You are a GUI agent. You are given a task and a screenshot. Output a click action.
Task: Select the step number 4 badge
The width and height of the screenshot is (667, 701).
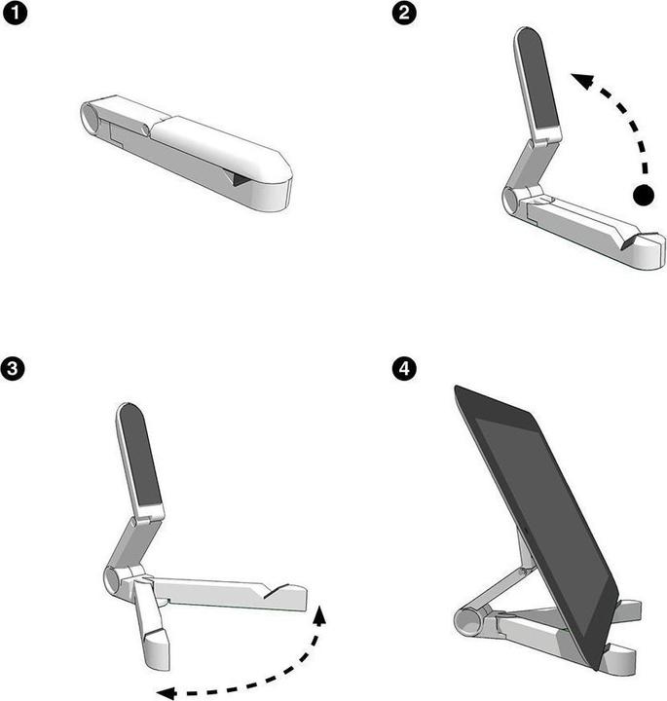401,369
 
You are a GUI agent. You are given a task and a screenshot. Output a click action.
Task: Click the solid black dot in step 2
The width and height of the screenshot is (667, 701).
643,195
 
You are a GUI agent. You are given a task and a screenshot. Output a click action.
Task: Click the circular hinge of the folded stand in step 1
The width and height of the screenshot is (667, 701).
92,119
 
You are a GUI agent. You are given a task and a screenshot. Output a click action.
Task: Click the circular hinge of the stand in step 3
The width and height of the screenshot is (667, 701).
111,581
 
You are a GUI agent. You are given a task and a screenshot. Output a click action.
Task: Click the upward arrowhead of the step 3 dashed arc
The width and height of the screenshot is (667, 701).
321,612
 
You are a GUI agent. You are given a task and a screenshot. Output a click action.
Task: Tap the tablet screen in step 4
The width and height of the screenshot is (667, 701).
540,516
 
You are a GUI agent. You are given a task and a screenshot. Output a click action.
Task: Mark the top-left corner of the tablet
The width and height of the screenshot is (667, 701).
456,388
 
